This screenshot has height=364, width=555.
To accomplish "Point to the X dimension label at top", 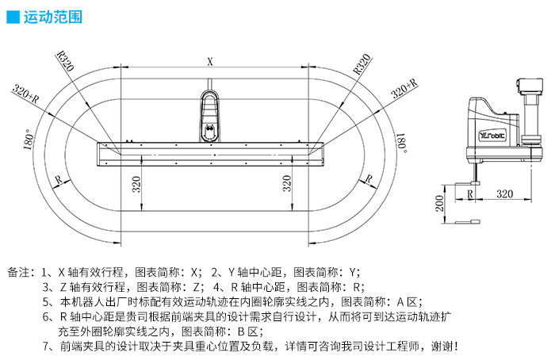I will pyautogui.click(x=210, y=60).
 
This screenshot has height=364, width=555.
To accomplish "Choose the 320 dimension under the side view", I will pyautogui.click(x=503, y=193).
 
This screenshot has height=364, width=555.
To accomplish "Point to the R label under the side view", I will pyautogui.click(x=470, y=193).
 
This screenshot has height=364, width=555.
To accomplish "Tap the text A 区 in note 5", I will pyautogui.click(x=408, y=301).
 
